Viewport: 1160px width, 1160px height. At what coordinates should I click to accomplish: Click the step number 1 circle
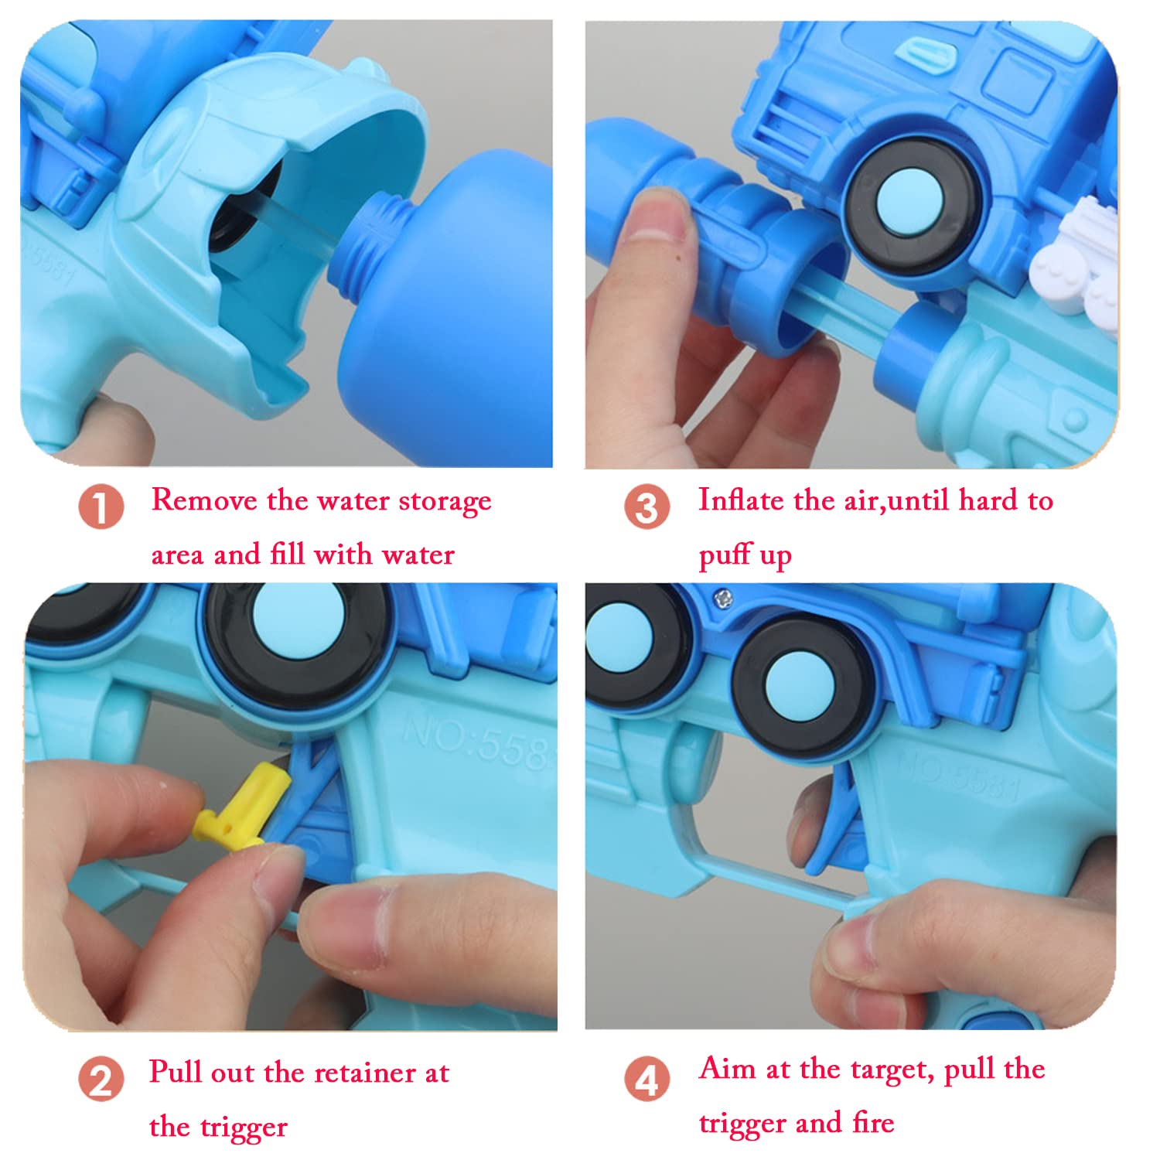(101, 507)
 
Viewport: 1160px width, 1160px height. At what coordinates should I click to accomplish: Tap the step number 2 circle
(101, 1080)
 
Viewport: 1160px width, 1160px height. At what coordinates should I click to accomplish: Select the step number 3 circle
(647, 507)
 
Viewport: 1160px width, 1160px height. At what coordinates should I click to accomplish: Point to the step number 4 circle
(647, 1080)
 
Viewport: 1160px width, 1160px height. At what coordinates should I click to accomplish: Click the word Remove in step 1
(204, 500)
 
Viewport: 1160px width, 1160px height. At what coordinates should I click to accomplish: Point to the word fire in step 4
(873, 1122)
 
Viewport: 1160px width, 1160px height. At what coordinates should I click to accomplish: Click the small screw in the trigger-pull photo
(723, 596)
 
